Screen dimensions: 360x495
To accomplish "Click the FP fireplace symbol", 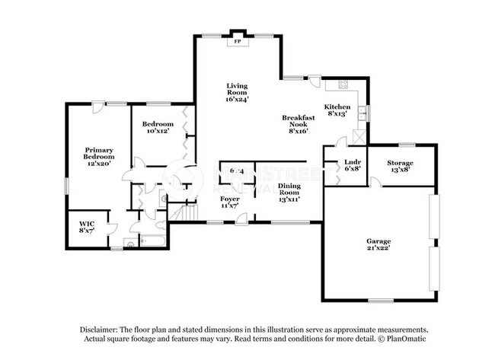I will (238, 42).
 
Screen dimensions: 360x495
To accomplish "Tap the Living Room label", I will (237, 92).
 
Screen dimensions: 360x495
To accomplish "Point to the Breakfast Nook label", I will (298, 124).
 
